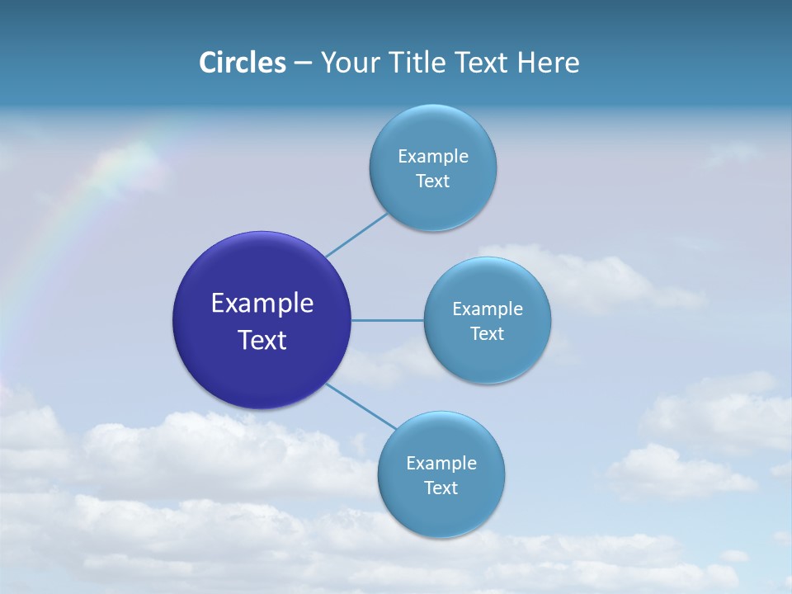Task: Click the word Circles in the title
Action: [x=242, y=63]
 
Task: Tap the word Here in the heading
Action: [x=548, y=63]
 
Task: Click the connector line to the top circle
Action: [x=356, y=234]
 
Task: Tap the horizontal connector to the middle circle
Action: [x=387, y=320]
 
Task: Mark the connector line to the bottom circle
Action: [x=361, y=406]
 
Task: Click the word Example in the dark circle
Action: [x=262, y=304]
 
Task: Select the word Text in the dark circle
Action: [x=262, y=340]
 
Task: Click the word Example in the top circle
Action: [x=433, y=156]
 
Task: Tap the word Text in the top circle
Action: [x=433, y=181]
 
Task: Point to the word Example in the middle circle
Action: [x=488, y=309]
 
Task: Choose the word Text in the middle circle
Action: [x=488, y=333]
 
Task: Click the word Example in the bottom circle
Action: [x=441, y=463]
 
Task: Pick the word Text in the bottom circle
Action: [x=441, y=488]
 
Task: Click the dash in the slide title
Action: [x=303, y=64]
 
